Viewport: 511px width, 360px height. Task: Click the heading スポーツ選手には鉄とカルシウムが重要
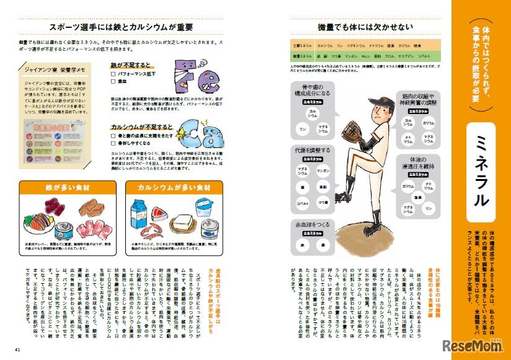121,27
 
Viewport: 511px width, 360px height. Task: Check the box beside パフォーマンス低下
113,73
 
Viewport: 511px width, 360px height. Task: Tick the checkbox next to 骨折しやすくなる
113,142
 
